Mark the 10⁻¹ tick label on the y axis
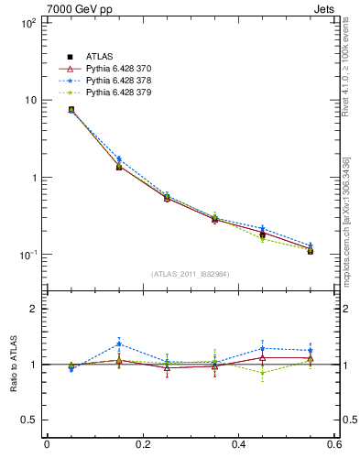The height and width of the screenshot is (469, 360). tap(27, 255)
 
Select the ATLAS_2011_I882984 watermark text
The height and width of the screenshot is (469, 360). tap(191, 274)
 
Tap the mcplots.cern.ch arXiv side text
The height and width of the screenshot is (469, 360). tap(350, 211)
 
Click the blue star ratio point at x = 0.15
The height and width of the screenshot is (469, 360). tap(119, 344)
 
